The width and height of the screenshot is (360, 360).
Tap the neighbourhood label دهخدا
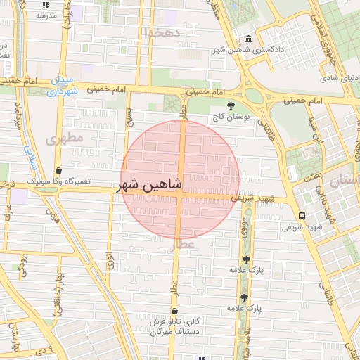coord(162,32)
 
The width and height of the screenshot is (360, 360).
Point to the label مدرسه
coord(46,15)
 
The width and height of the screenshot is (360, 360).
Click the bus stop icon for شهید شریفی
coord(301,216)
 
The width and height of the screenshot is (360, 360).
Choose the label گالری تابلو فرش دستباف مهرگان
coord(174,326)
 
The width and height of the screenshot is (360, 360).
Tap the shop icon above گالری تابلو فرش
coord(174,311)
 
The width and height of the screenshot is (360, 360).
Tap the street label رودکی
coord(19,265)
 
